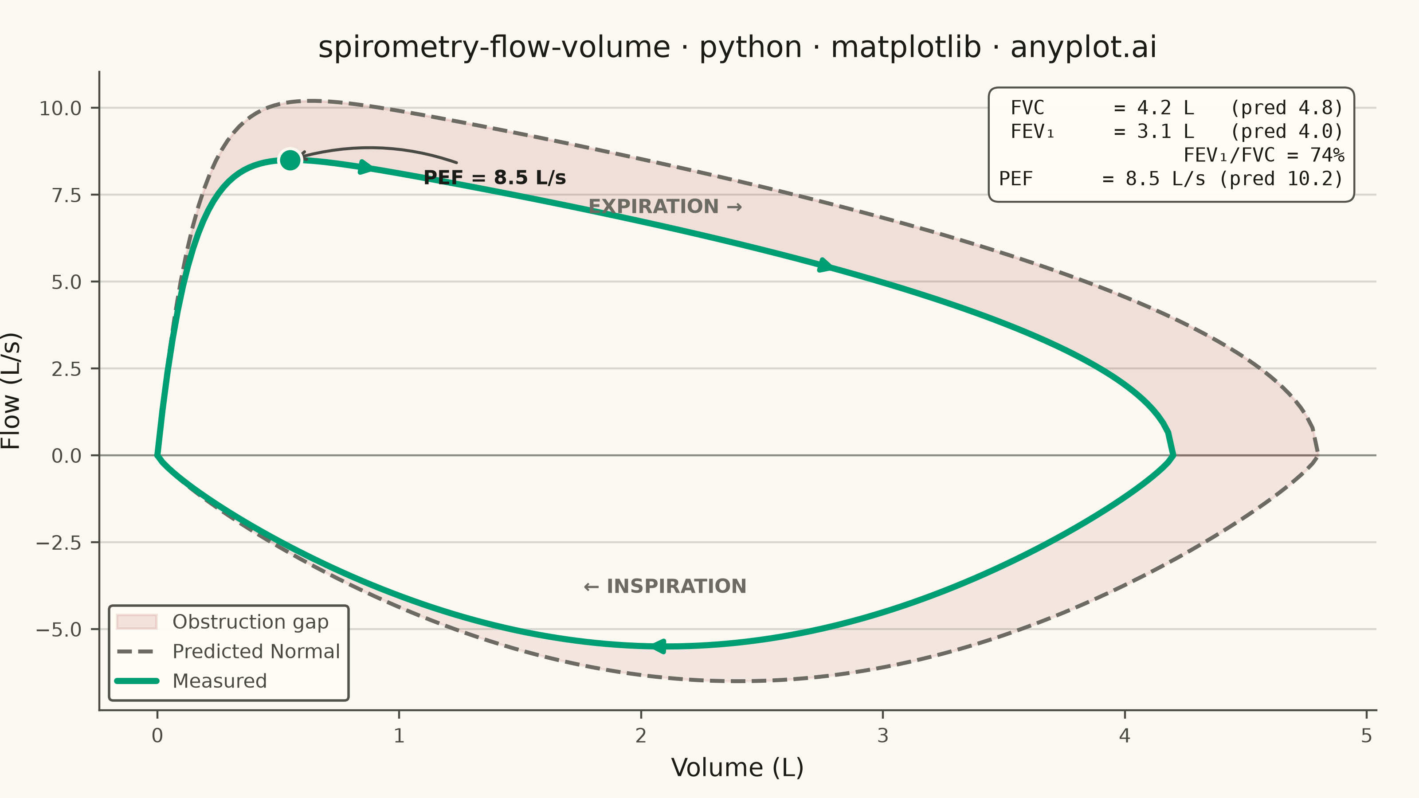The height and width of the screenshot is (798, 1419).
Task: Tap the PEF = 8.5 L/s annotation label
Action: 495,178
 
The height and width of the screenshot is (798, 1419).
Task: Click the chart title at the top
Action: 737,47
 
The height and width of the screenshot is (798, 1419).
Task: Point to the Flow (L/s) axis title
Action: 11,391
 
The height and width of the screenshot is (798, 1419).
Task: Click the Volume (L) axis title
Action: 737,768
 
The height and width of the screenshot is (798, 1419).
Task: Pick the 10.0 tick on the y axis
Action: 60,109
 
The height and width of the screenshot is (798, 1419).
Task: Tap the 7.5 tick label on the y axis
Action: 67,196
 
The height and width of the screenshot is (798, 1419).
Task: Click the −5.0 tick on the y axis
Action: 59,630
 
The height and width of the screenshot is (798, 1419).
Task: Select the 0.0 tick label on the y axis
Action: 67,456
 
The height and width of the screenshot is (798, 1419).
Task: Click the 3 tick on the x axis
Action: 882,736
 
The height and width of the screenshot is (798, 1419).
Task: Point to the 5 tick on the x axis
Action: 1366,736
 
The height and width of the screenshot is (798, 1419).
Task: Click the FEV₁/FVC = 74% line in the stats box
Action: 1264,155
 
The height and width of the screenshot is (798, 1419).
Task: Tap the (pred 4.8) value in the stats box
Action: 1287,108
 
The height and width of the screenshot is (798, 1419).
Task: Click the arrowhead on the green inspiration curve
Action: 659,646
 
